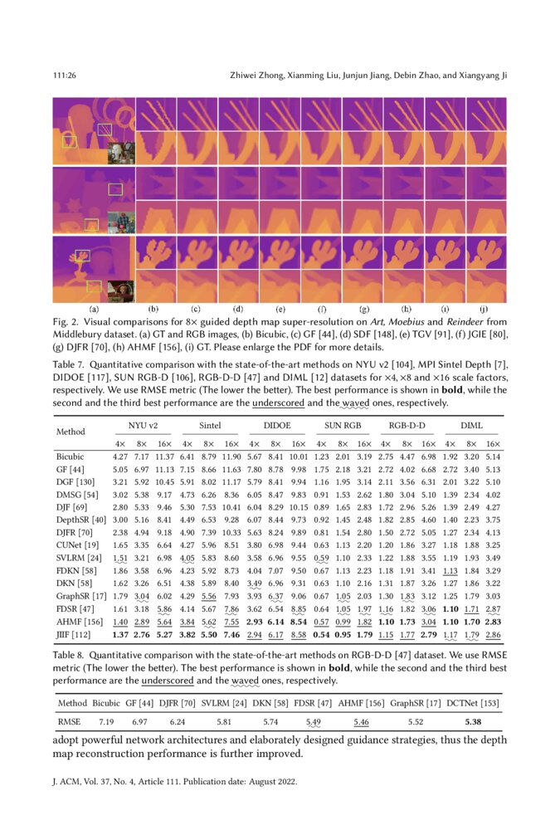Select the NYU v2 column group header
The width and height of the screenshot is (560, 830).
[x=143, y=426]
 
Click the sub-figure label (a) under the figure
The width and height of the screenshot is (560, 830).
[x=93, y=308]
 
